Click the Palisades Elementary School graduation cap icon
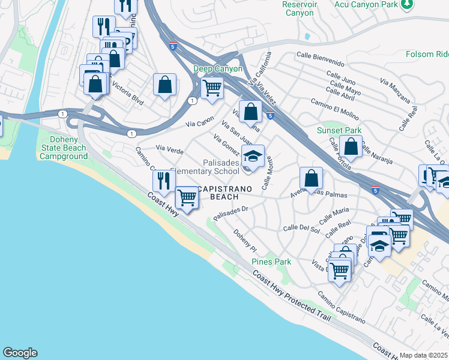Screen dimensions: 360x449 click(253, 157)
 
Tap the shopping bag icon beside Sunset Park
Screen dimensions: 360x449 click(351, 146)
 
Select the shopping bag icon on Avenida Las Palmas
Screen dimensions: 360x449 click(311, 178)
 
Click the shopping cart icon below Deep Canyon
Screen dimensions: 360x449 click(211, 88)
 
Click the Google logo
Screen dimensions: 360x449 click(20, 353)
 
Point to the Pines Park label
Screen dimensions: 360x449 click(271, 262)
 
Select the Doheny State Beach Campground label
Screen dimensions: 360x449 click(64, 148)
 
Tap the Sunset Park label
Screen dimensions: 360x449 click(339, 130)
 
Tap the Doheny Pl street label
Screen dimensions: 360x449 click(245, 241)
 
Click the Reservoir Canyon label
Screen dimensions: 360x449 click(298, 8)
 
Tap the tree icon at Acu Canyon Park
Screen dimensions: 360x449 click(408, 4)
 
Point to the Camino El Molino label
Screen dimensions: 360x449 click(335, 107)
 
